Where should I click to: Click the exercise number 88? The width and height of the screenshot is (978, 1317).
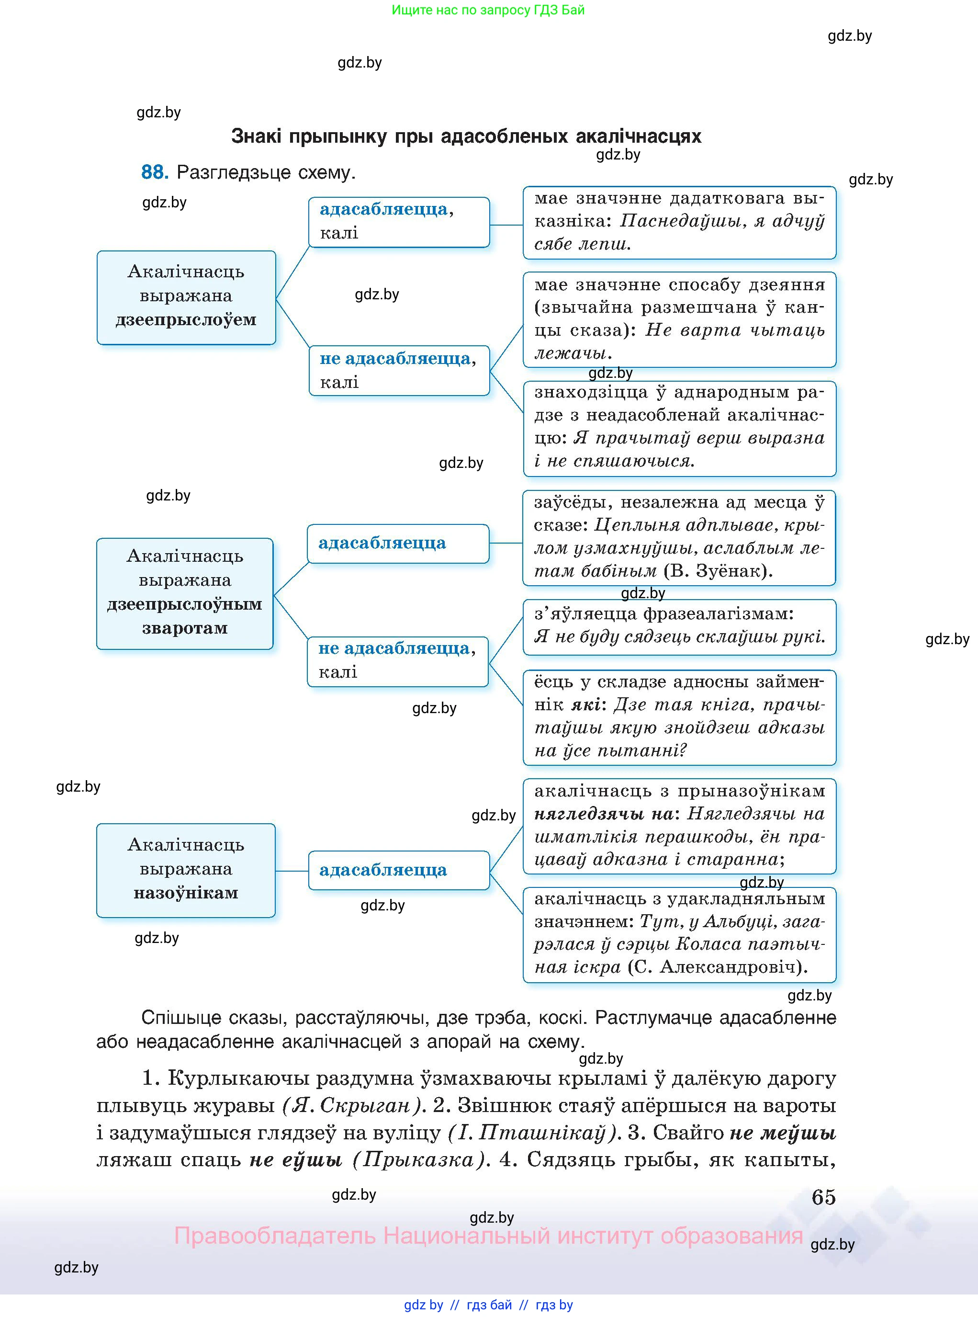point(155,172)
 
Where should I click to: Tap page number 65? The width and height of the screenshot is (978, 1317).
point(823,1197)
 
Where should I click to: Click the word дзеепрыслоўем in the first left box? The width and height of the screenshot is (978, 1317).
point(186,320)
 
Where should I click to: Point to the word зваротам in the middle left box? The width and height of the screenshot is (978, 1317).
point(185,628)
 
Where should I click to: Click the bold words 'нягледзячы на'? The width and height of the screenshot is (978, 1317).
point(603,814)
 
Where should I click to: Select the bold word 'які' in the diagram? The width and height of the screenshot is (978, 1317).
point(585,704)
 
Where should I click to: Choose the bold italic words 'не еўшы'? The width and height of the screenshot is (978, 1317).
point(295,1159)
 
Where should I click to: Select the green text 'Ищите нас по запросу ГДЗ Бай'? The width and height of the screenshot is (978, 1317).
point(488,10)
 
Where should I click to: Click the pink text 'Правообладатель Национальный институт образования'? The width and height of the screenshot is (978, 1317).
point(488,1236)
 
